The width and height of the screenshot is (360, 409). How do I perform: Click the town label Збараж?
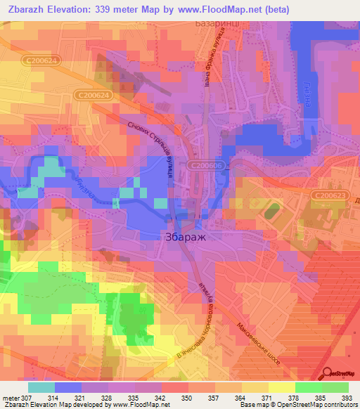click(187, 237)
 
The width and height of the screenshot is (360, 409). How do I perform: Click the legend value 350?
click(188, 398)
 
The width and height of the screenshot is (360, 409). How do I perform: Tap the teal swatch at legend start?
click(41, 387)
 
